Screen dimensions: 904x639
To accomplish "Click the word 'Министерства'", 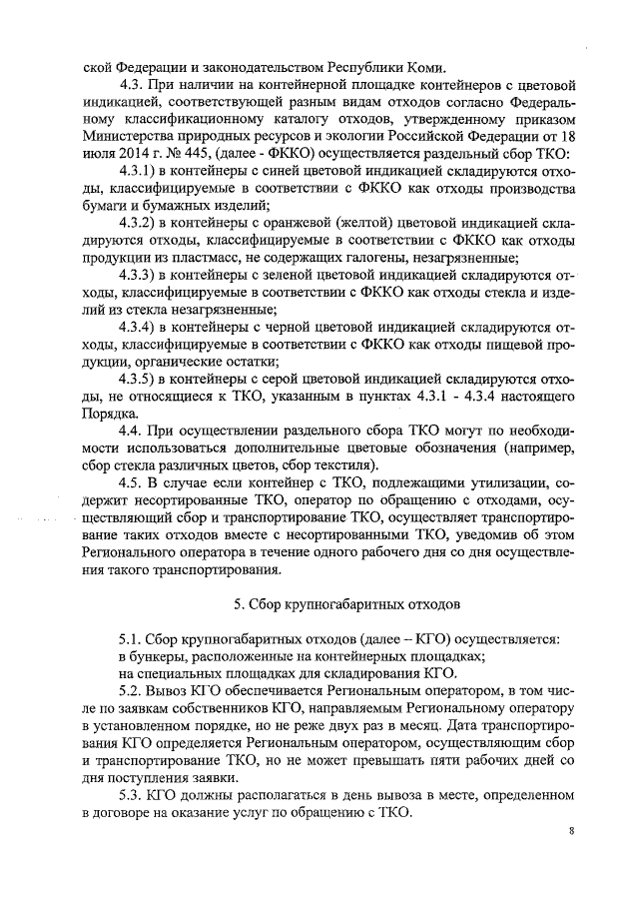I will (130, 137).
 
